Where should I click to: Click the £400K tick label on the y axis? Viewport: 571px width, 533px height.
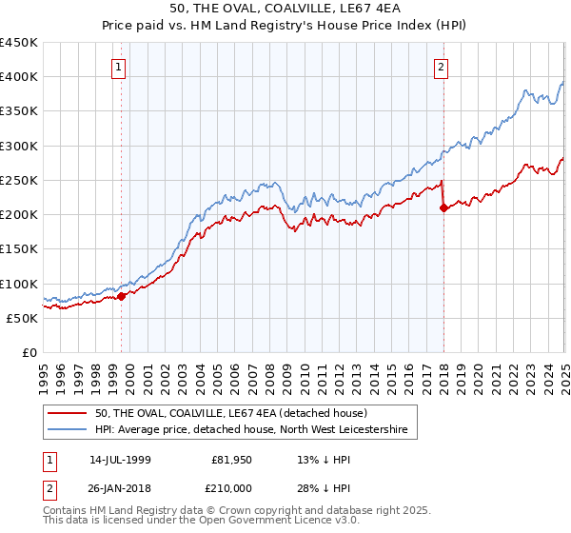19,77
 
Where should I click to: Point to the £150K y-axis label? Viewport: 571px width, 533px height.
19,249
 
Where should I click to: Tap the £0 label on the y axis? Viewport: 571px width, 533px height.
29,353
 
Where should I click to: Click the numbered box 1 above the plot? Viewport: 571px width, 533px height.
117,67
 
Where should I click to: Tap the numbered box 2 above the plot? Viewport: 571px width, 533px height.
443,67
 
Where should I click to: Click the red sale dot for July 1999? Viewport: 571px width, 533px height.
122,296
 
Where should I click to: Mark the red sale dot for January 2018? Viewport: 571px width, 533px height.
443,208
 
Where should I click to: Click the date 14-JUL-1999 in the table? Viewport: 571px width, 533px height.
122,459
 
